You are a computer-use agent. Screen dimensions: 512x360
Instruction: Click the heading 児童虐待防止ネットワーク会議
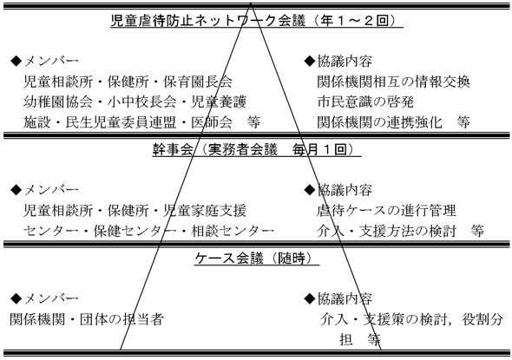point(208,21)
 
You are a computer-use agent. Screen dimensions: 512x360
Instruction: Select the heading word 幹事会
point(173,149)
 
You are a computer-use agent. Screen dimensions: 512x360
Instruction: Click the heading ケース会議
point(229,259)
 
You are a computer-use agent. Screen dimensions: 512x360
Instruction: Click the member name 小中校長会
point(141,101)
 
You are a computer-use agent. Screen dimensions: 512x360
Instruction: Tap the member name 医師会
point(212,122)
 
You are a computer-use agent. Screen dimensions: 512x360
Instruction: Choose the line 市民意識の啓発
point(365,101)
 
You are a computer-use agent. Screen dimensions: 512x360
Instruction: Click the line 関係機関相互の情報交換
point(393,82)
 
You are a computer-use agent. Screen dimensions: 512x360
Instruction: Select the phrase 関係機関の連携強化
point(379,122)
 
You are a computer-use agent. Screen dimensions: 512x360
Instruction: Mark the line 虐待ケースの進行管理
point(386,211)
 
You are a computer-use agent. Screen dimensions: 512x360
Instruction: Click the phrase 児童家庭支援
point(205,211)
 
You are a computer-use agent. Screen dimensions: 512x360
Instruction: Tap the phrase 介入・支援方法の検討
point(386,231)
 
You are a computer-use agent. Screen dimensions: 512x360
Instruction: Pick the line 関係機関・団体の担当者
point(87,319)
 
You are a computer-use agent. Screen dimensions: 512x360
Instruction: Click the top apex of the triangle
point(251,3)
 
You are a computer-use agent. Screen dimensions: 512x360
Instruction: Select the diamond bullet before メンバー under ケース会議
point(16,298)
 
